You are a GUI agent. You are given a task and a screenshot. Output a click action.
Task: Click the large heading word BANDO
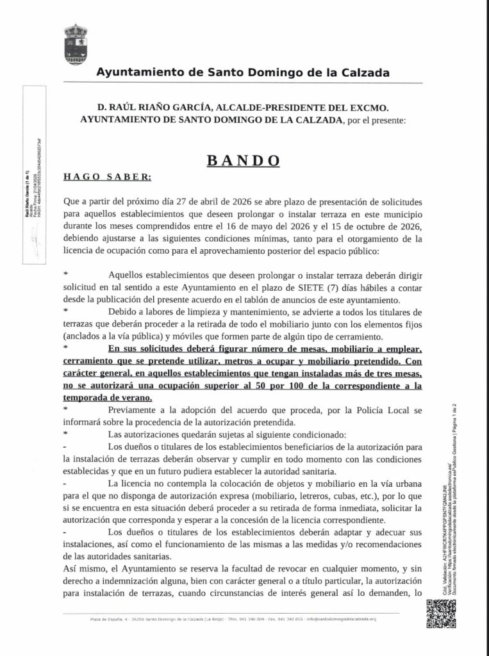coord(244,160)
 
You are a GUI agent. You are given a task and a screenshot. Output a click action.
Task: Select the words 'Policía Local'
coord(385,409)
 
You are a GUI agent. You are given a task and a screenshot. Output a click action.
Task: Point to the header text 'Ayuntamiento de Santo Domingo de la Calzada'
coord(243,73)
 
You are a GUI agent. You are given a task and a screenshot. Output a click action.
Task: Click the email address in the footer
coord(342,619)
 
